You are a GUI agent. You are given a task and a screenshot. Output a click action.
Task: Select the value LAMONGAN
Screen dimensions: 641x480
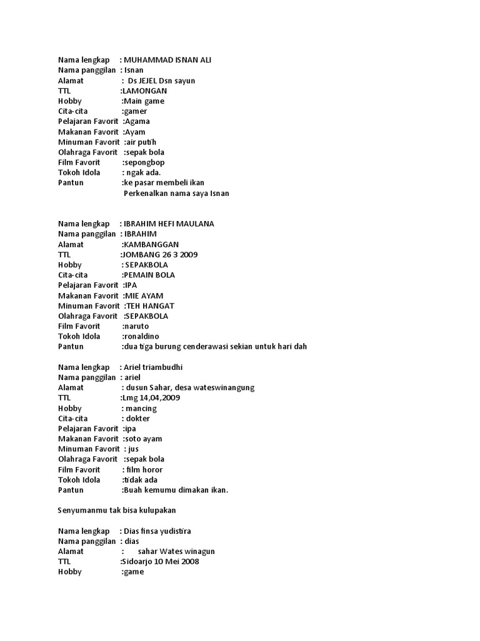click(144, 91)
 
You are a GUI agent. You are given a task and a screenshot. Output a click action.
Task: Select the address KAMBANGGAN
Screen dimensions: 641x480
click(151, 245)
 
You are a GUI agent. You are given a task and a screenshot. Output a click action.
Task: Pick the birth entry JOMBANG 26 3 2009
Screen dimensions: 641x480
click(161, 255)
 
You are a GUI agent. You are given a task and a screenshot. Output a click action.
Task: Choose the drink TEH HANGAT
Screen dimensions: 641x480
click(150, 306)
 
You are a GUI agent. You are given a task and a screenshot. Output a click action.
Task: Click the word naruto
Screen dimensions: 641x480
click(137, 326)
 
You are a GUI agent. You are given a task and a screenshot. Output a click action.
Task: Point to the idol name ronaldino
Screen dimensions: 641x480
click(141, 337)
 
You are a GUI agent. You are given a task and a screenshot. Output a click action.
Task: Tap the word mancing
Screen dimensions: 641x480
click(141, 408)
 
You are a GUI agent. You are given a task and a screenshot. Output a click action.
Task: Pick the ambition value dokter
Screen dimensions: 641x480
click(138, 419)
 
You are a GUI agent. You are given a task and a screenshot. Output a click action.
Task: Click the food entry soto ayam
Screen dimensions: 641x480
click(143, 439)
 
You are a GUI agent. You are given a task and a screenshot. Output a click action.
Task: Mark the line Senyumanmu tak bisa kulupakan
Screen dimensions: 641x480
click(116, 511)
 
